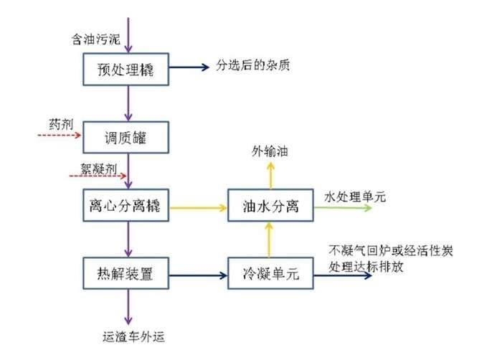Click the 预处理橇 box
tap(126, 70)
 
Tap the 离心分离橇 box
tap(126, 207)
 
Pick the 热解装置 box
tap(126, 273)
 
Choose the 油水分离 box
tap(270, 207)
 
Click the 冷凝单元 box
tap(270, 273)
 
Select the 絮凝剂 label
tap(104, 169)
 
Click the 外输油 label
tap(270, 151)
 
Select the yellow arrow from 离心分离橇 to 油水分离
tap(198, 208)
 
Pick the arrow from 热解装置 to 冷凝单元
tap(198, 274)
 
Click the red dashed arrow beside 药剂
tap(59, 134)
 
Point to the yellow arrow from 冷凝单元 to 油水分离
tap(270, 240)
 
